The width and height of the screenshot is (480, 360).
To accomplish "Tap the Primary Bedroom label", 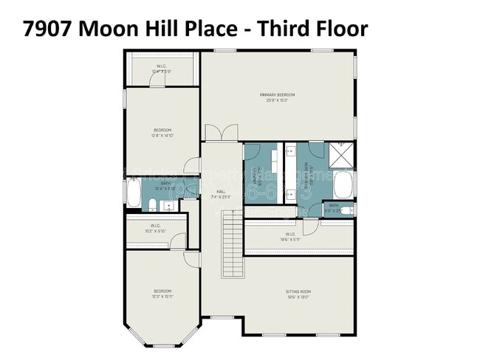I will click(278, 97).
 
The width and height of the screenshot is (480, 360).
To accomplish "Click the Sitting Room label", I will click(298, 294).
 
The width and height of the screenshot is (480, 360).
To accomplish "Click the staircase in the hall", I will click(232, 242).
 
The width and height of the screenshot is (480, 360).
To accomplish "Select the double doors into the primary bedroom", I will click(222, 133).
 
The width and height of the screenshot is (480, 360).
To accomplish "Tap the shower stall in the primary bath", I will click(341, 155).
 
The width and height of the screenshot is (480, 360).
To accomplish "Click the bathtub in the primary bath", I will click(343, 184).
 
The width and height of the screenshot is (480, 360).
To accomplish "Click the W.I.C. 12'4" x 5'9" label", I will click(162, 69).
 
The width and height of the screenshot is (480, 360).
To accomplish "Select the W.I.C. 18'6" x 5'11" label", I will click(289, 237).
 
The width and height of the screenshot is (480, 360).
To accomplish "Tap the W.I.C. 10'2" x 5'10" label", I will click(156, 228).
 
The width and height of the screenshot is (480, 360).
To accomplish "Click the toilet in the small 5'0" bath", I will click(347, 210).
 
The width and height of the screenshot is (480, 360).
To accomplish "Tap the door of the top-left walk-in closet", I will click(157, 82).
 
